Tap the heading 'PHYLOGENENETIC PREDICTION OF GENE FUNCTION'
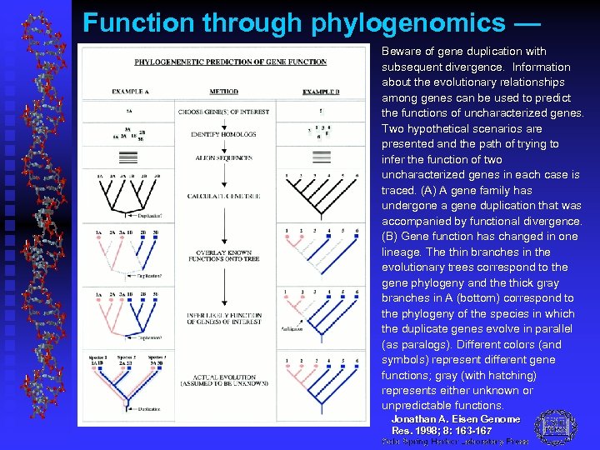[218, 62]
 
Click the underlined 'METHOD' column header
[223, 92]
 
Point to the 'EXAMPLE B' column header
[321, 92]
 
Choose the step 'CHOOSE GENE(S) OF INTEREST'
[222, 112]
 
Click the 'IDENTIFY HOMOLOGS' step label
[223, 134]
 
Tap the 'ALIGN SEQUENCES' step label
[223, 157]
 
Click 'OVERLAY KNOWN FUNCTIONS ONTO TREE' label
[223, 254]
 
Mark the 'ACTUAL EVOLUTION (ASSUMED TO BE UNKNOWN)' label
[223, 382]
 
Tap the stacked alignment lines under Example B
[321, 157]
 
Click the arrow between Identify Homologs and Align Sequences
[223, 146]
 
